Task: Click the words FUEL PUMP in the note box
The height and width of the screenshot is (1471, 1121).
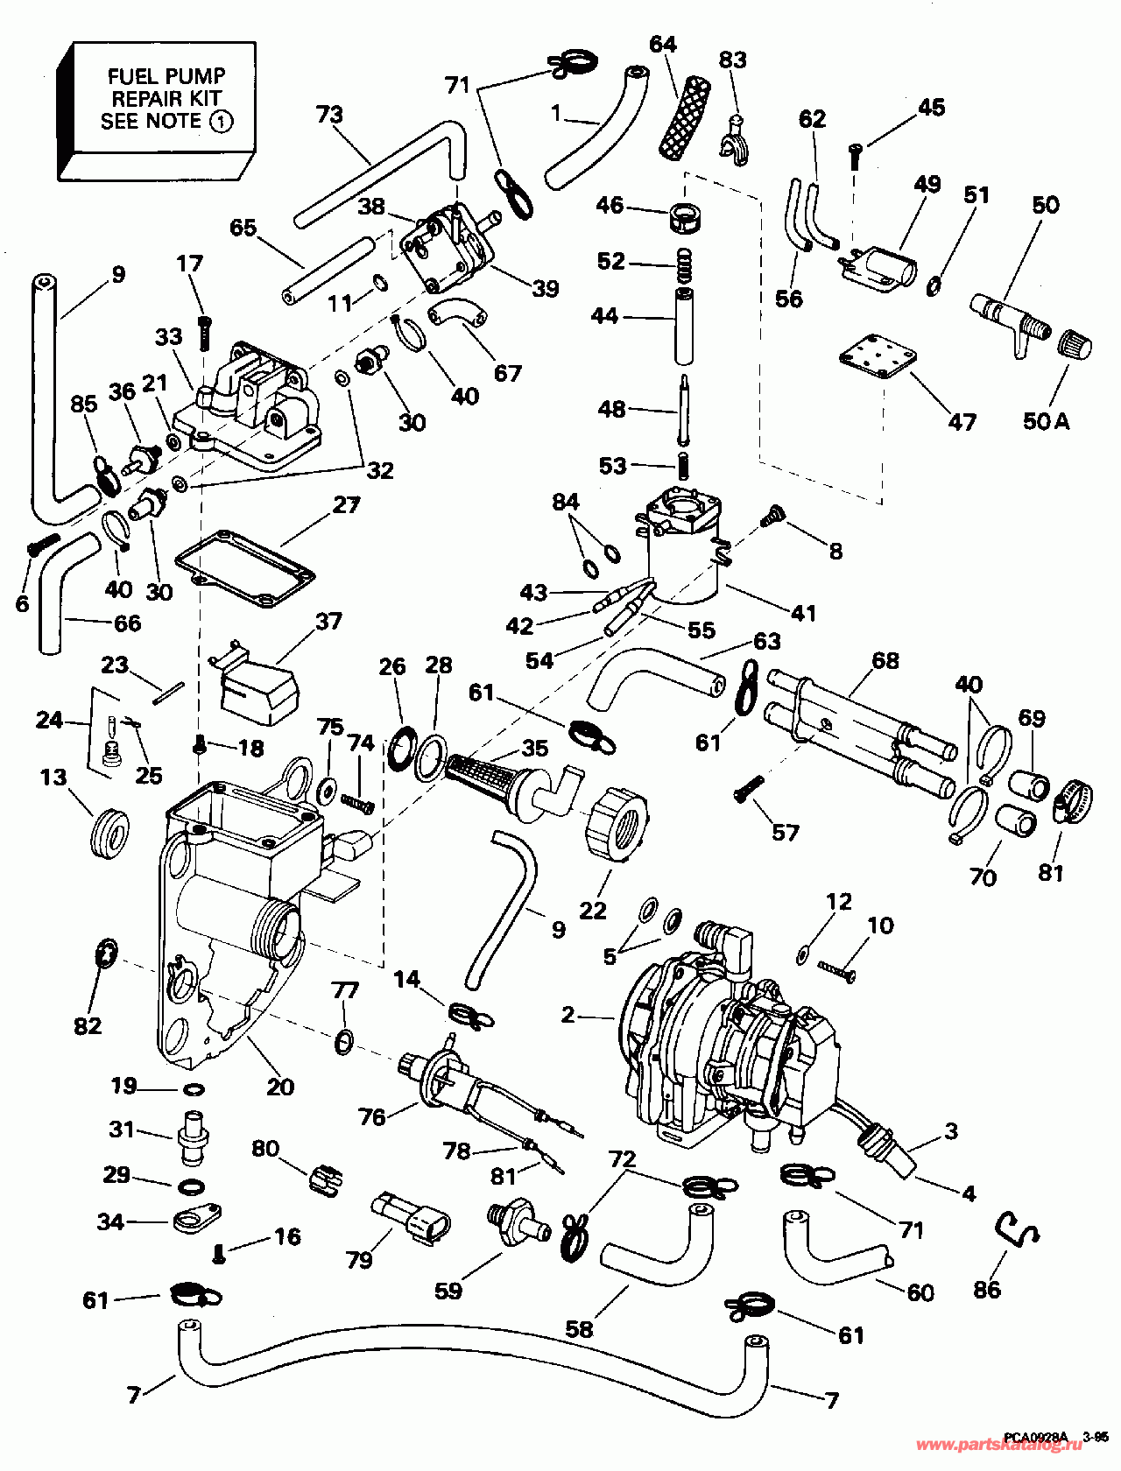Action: pyautogui.click(x=166, y=76)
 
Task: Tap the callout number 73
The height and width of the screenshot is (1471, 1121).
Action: pyautogui.click(x=330, y=115)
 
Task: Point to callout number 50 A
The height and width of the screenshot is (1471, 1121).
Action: pyautogui.click(x=1046, y=421)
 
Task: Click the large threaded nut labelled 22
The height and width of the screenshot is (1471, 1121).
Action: pyautogui.click(x=619, y=820)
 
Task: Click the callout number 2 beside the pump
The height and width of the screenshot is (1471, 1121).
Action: pyautogui.click(x=568, y=1015)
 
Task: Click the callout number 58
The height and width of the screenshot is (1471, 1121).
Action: pyautogui.click(x=579, y=1329)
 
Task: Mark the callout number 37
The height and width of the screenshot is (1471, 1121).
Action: pyautogui.click(x=328, y=621)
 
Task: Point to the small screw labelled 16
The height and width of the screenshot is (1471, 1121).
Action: pyautogui.click(x=220, y=1255)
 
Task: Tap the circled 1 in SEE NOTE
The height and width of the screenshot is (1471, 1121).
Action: pyautogui.click(x=220, y=121)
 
